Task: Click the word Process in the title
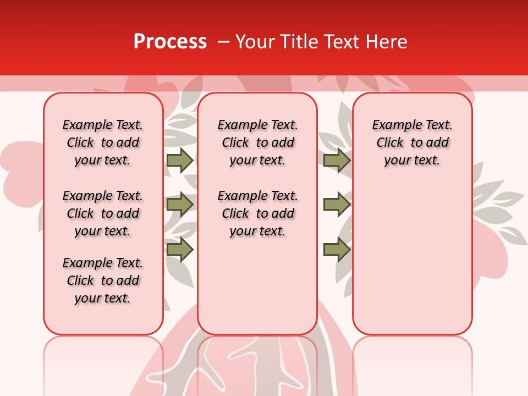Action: (x=170, y=42)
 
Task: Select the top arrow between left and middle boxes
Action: (x=180, y=160)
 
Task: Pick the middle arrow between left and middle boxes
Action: (x=180, y=205)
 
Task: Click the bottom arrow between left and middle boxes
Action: (x=180, y=250)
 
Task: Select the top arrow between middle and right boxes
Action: (x=337, y=160)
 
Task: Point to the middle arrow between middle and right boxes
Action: (x=337, y=205)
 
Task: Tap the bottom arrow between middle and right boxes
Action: (x=337, y=250)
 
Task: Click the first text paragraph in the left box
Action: (x=103, y=142)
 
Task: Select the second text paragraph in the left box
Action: (x=103, y=213)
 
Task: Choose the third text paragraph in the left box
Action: (x=103, y=280)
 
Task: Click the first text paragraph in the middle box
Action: (x=257, y=142)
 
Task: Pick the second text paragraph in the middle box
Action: (x=257, y=213)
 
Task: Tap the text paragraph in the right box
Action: (x=412, y=142)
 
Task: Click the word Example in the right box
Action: (x=395, y=125)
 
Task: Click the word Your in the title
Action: (x=254, y=42)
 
